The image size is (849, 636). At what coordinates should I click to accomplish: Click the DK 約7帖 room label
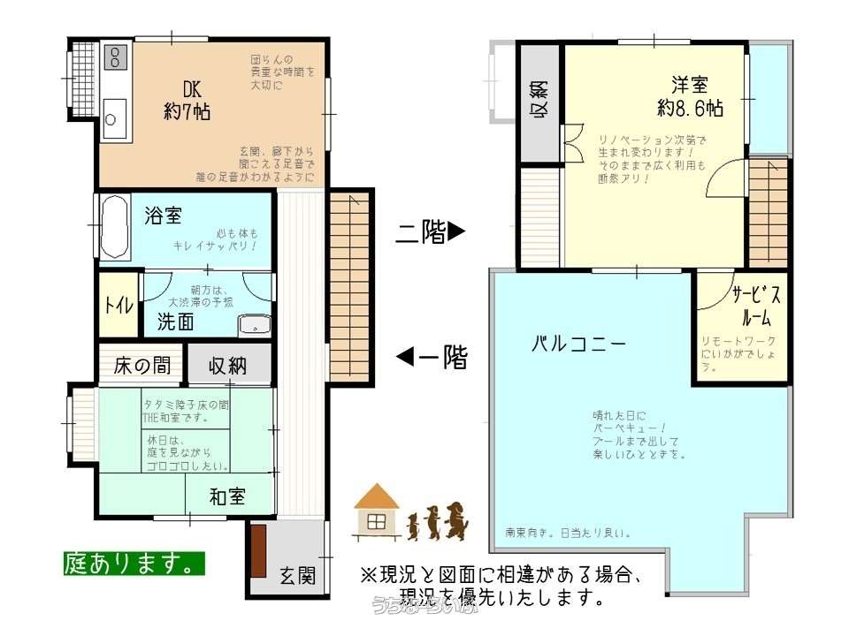point(187,100)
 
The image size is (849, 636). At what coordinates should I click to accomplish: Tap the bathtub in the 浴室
point(115,227)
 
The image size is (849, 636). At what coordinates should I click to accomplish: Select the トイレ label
point(119,306)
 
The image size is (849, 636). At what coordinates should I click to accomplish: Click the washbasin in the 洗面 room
point(253,324)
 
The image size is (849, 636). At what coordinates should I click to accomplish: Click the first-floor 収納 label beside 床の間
point(228,366)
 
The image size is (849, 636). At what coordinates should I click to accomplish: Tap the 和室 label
point(227,496)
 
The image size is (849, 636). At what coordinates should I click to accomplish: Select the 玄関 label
point(298,576)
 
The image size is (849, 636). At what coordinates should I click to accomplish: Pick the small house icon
point(375,511)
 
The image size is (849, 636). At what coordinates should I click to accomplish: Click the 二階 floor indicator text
point(429,232)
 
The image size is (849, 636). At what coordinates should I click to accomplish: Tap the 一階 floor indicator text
point(432,358)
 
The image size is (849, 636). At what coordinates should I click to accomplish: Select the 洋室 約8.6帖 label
point(690,97)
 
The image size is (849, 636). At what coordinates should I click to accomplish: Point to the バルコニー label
point(578,344)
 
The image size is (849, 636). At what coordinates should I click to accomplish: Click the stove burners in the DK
point(116,59)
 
